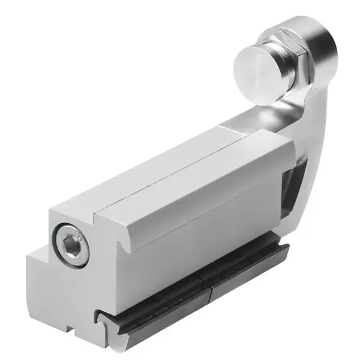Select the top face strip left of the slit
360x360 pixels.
[132, 174]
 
